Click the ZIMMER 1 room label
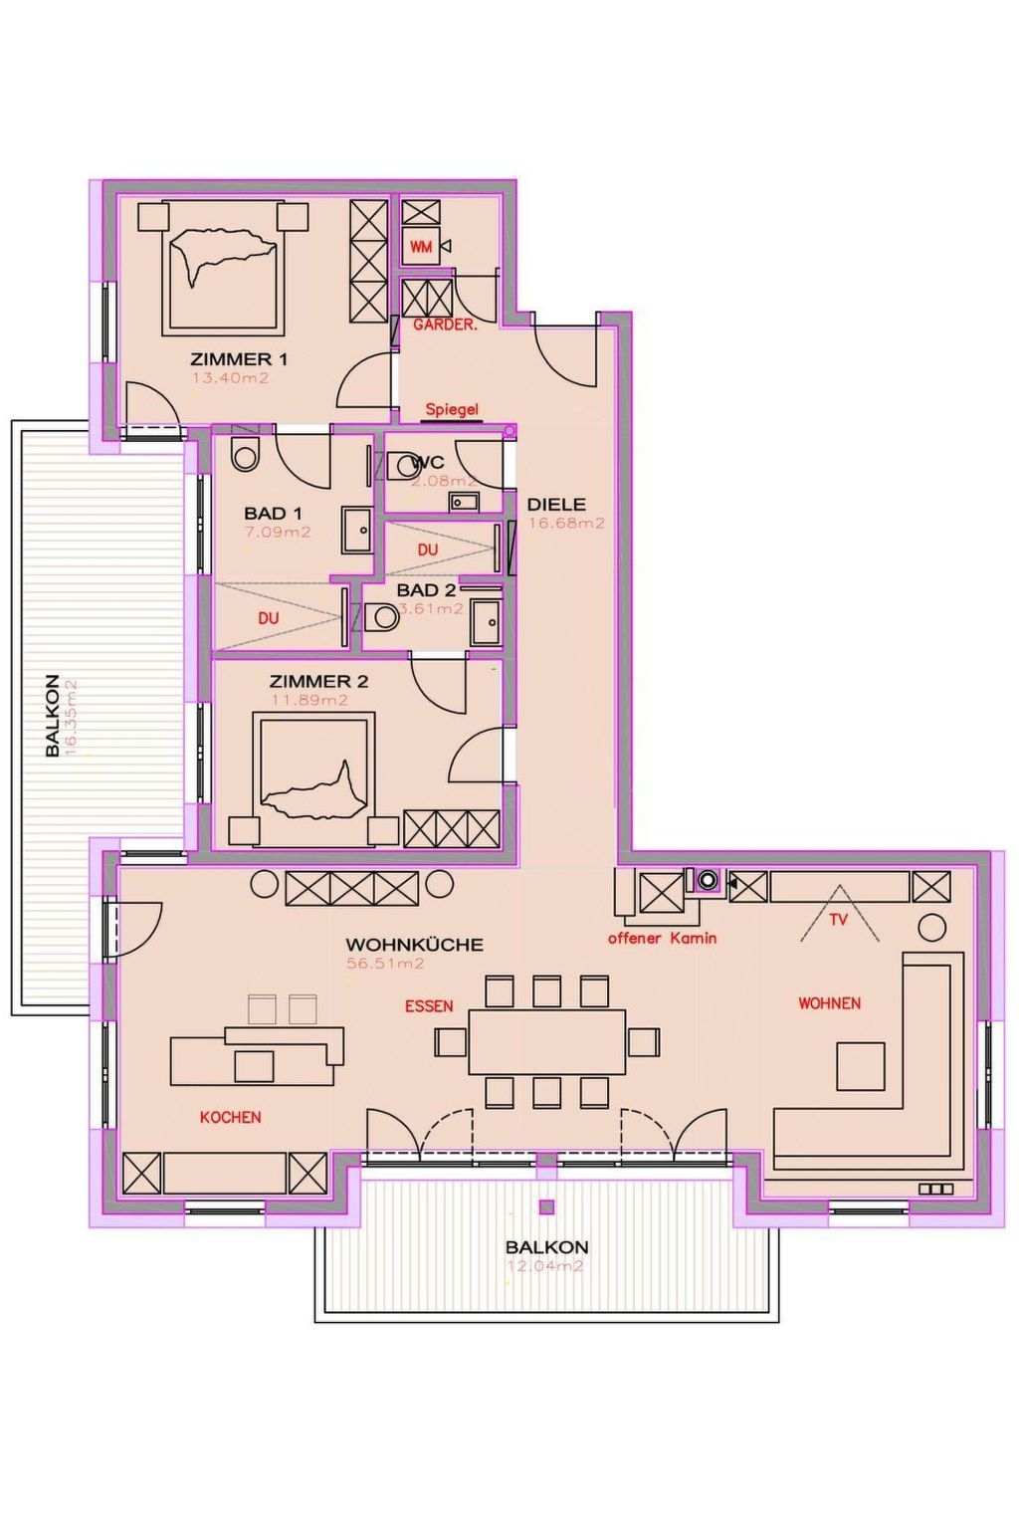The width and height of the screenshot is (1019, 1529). [239, 359]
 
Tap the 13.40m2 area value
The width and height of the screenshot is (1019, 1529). [230, 378]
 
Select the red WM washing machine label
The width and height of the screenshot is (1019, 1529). [421, 246]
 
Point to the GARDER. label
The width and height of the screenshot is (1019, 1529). [445, 325]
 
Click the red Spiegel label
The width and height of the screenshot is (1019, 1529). [452, 409]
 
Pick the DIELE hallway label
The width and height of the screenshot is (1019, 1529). [556, 505]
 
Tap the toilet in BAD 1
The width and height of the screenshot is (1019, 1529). [244, 453]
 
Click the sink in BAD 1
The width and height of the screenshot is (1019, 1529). [357, 529]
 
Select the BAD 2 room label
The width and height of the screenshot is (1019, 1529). [426, 590]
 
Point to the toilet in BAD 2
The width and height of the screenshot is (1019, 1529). [382, 618]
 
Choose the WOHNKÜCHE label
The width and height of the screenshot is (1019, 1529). [414, 945]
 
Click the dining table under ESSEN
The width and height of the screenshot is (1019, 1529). [546, 1041]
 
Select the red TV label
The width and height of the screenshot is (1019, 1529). [838, 920]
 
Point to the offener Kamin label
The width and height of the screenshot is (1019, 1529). [662, 938]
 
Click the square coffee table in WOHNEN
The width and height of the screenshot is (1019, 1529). [860, 1066]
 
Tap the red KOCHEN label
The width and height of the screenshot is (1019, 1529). [230, 1117]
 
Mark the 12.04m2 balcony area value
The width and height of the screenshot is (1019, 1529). [545, 1266]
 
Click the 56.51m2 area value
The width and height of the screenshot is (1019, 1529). [385, 964]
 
